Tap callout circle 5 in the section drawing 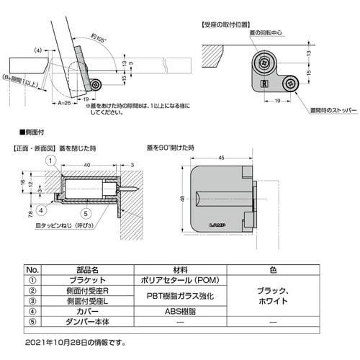pos(85,212)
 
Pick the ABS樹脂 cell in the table pos(176,313)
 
